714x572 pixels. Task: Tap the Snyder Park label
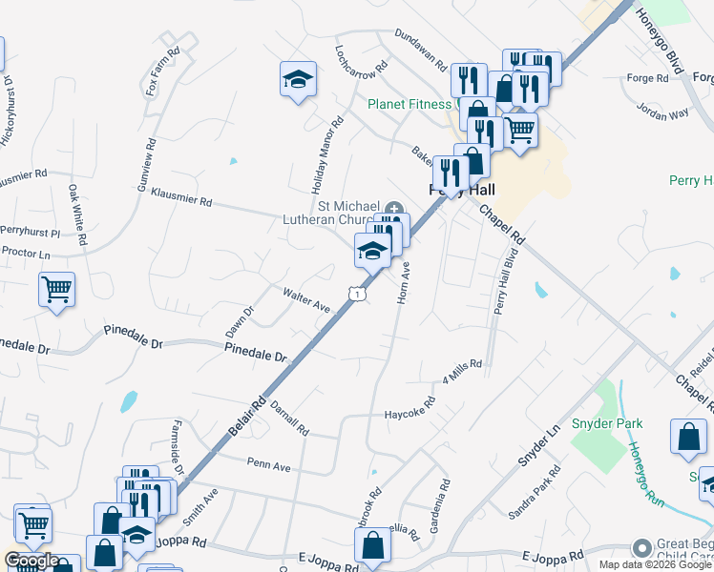(x=607, y=423)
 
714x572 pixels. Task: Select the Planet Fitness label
(x=412, y=104)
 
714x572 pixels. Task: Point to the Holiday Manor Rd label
(x=324, y=153)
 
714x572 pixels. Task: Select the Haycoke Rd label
(x=409, y=414)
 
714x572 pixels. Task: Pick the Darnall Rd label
(x=289, y=418)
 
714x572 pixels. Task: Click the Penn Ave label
(x=267, y=465)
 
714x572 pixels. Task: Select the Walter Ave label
(x=305, y=300)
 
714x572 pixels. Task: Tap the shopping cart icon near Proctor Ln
(x=56, y=289)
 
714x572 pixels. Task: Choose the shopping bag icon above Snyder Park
(x=688, y=438)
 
